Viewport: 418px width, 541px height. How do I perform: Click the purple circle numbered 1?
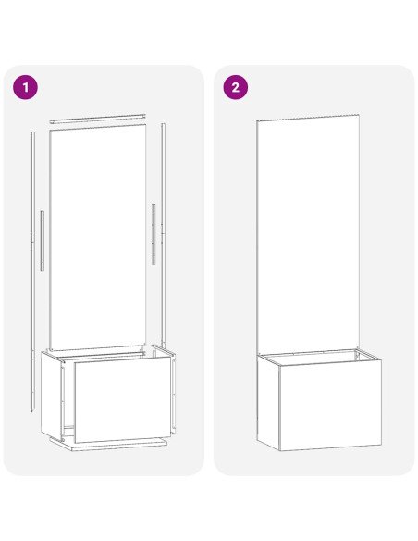[x=26, y=87]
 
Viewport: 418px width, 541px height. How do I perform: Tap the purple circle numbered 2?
[x=236, y=87]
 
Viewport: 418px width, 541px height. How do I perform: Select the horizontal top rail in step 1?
[x=97, y=119]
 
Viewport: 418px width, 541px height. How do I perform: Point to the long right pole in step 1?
[x=163, y=234]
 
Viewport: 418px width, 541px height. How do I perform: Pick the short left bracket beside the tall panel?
[x=42, y=241]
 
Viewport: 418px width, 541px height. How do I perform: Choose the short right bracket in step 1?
[x=154, y=234]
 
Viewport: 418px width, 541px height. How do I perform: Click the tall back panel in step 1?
[x=97, y=237]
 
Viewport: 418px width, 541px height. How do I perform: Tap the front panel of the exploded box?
[x=123, y=399]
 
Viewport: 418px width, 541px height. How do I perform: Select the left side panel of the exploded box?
[x=52, y=396]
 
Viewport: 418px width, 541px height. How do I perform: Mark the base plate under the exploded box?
[x=109, y=443]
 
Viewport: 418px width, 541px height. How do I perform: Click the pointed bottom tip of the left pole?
[x=33, y=412]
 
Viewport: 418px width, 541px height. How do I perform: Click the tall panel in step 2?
[x=308, y=234]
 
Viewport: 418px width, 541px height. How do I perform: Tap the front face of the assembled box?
[x=330, y=406]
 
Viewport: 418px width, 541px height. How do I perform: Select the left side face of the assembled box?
[x=268, y=403]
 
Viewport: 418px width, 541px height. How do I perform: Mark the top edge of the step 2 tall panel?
[x=308, y=118]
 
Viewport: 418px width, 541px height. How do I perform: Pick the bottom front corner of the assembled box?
[x=280, y=450]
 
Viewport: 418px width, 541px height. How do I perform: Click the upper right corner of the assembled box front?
[x=381, y=359]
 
